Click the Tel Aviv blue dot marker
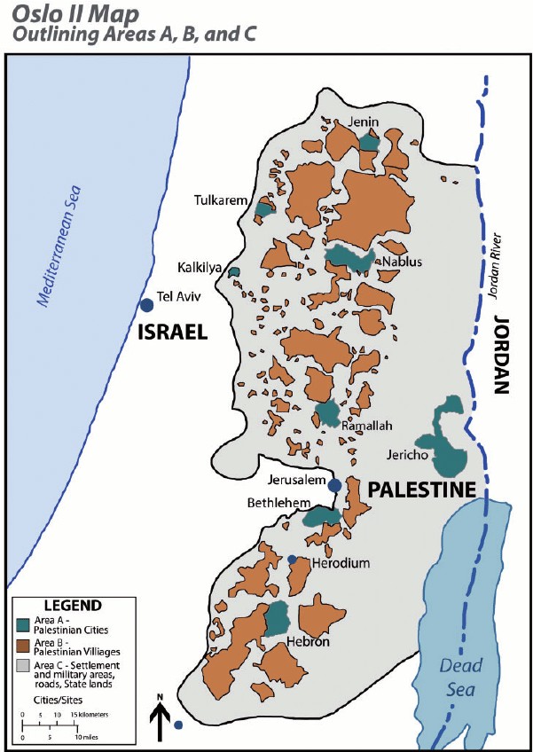(146, 305)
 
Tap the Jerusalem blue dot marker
(334, 485)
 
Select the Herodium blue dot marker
(292, 559)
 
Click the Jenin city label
(365, 121)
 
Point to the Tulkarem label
(221, 200)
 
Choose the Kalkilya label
(197, 265)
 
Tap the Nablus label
(402, 262)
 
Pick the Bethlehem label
(278, 503)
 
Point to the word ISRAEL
(172, 333)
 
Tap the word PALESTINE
(422, 490)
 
